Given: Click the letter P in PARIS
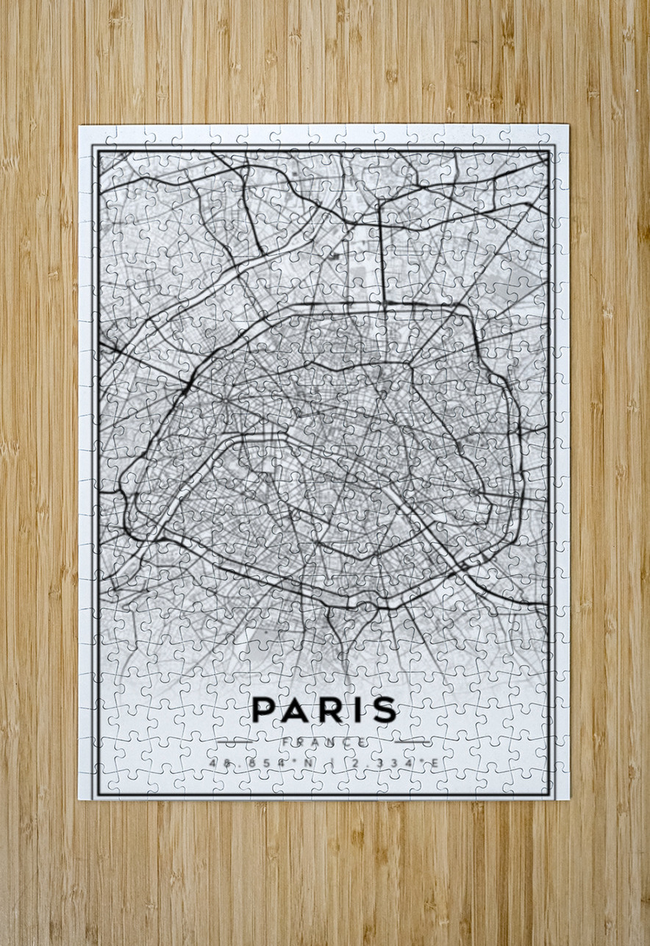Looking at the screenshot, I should pyautogui.click(x=264, y=709).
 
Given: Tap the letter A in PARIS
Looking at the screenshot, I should pyautogui.click(x=296, y=709).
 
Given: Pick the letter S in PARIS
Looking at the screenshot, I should pyautogui.click(x=382, y=709).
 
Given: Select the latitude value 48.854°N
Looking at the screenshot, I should pyautogui.click(x=259, y=764).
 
